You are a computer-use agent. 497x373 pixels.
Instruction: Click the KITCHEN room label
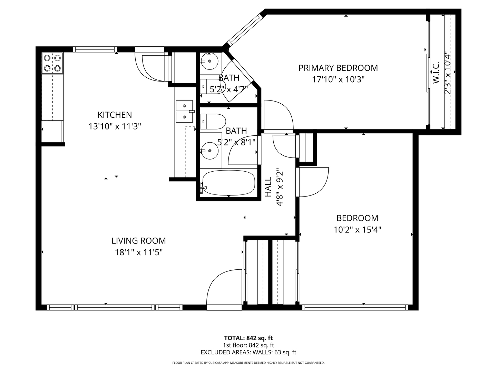point(115,115)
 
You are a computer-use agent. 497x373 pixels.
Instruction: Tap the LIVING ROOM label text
point(138,241)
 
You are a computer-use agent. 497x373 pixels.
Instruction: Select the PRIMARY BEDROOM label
point(338,68)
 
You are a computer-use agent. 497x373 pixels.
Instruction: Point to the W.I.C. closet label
point(436,73)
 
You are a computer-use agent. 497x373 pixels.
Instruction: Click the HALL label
point(268,187)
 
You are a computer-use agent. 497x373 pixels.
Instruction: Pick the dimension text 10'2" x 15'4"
point(357,230)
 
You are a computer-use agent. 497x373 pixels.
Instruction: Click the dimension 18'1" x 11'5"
point(139,252)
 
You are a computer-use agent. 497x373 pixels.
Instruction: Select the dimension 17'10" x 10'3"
point(338,79)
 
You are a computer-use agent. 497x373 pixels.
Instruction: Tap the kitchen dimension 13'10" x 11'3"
point(115,126)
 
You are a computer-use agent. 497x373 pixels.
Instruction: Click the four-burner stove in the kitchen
point(52,63)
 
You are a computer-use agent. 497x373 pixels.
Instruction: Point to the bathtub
point(229,183)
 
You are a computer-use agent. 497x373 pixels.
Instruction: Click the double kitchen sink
point(184,112)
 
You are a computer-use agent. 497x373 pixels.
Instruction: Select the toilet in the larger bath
point(213,122)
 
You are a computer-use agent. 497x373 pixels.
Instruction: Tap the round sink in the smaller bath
point(209,61)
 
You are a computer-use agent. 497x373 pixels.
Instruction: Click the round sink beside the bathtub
point(209,151)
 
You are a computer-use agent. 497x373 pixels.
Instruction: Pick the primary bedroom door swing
point(279,115)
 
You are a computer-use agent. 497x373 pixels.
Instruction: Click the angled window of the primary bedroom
point(245,30)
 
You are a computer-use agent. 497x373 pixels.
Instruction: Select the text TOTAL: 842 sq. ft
point(248,338)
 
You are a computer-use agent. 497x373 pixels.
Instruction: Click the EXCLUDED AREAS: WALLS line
point(248,352)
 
